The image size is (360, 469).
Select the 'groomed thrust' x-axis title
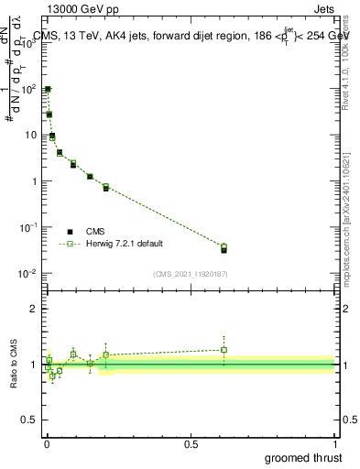tap(302, 457)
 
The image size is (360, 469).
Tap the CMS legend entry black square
tap(70, 232)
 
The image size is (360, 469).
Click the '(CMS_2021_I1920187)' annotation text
tap(190, 273)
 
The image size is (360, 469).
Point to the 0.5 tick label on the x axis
tap(191, 443)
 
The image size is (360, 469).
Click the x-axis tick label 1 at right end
tap(336, 443)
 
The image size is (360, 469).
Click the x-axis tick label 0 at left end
tap(47, 443)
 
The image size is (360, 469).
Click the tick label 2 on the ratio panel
tap(36, 309)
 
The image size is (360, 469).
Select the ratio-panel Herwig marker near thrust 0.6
tap(224, 350)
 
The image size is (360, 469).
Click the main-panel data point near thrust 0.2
tap(106, 187)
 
